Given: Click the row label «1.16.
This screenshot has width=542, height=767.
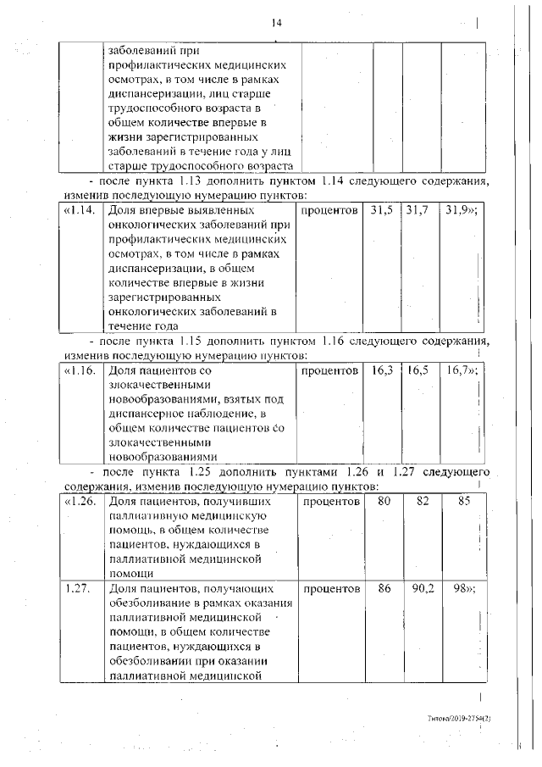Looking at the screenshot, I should [80, 370].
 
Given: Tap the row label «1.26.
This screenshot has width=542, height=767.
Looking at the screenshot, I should [80, 502].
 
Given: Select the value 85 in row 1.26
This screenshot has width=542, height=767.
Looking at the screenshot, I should [462, 502].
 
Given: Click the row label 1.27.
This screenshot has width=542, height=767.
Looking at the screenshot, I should [77, 587].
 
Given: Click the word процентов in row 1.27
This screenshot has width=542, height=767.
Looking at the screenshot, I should [332, 587].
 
